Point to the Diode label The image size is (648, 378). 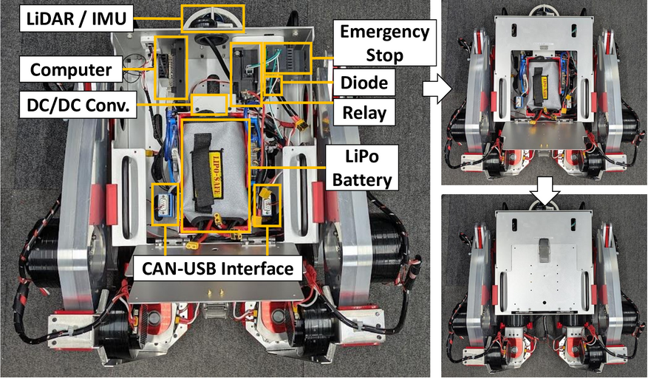click(x=364, y=83)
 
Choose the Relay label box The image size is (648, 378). click(x=364, y=114)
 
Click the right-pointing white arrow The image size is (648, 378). click(x=433, y=91)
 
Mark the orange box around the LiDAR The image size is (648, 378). click(x=212, y=16)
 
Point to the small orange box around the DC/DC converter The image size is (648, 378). click(x=208, y=103)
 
